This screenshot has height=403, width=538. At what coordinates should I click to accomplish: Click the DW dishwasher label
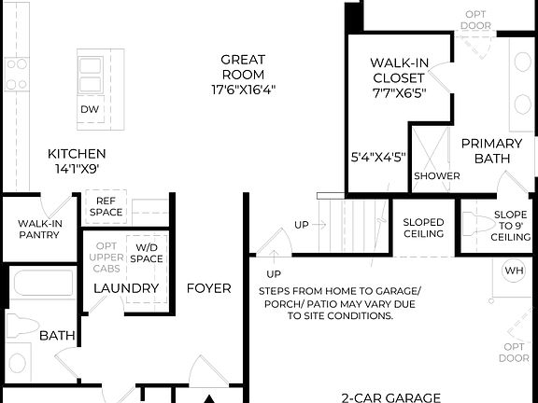coord(90,109)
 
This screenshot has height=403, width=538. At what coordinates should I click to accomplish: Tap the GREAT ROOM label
coord(243,67)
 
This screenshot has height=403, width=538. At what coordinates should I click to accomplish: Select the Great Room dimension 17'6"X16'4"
coord(243,90)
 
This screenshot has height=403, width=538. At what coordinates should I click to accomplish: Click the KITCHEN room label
coord(78,154)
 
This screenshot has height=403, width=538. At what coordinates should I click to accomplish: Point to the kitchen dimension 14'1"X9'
coord(78,170)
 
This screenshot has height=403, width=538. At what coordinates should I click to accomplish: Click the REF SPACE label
coord(106,206)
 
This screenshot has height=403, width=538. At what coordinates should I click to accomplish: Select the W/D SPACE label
coord(147,252)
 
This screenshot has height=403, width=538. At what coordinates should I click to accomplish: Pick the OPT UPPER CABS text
coord(106,257)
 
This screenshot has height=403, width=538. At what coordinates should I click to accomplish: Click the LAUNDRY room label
coord(126,288)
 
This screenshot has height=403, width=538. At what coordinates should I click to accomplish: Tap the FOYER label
coord(208,288)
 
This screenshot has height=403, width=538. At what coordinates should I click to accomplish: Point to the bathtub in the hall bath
coord(42,285)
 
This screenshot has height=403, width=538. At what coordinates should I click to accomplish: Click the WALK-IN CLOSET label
coord(399,71)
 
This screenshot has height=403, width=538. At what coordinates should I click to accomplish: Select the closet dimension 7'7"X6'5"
coord(399,92)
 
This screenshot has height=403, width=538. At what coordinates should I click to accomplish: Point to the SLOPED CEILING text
coord(423,229)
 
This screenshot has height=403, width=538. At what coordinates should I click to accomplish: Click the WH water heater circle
coord(515,271)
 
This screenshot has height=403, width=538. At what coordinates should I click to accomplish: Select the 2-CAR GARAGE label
coord(390,397)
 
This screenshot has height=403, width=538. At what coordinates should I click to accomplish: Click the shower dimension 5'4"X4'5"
coord(378,157)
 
